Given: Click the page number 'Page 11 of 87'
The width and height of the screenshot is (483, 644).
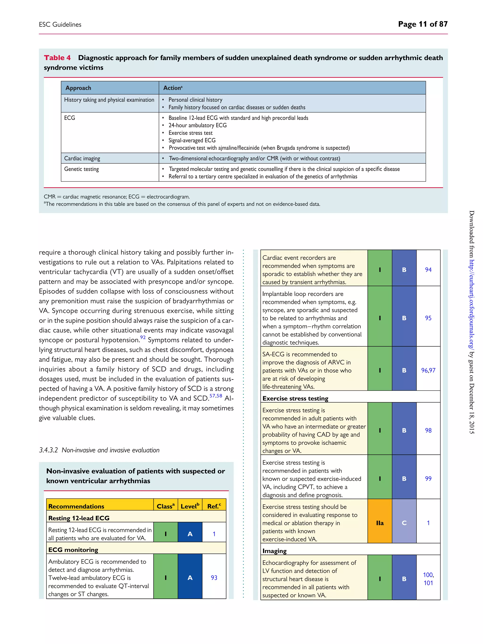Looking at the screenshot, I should [x=422, y=24].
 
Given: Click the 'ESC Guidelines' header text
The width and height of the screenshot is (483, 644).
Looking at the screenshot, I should [x=60, y=25].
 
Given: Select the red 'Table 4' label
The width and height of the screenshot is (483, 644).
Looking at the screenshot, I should [x=57, y=58].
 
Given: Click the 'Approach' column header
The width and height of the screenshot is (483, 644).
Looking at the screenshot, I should [x=78, y=88].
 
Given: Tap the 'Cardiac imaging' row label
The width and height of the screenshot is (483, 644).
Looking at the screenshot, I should [x=82, y=158].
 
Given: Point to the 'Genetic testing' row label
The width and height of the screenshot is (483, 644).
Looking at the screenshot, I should [x=82, y=169].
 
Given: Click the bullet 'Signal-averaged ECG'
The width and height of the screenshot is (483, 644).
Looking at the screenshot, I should [x=192, y=140].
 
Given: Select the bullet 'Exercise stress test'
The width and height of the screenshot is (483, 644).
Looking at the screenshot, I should [x=190, y=133].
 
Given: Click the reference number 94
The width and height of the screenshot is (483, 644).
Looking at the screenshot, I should [x=428, y=270].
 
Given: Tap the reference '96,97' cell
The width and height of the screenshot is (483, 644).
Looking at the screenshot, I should [x=428, y=370].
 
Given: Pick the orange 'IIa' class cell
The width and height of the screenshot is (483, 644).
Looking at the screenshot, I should [x=380, y=523].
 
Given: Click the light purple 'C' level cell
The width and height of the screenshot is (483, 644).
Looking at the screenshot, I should [x=404, y=523].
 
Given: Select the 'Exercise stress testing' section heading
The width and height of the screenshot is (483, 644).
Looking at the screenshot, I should [x=295, y=398].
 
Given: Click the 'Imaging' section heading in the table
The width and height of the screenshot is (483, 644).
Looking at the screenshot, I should [x=274, y=551].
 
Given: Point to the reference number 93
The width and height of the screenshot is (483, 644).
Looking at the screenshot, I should [x=214, y=578].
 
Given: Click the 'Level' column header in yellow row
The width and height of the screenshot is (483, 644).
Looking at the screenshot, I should [x=190, y=506].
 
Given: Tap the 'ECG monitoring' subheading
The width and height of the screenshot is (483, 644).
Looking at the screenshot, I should [x=73, y=550].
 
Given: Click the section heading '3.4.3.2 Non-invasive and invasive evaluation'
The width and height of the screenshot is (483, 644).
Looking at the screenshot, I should [x=99, y=450].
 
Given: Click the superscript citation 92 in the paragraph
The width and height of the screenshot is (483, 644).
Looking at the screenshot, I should [x=143, y=337].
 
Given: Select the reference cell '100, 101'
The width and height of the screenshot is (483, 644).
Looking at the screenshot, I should [x=428, y=579].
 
